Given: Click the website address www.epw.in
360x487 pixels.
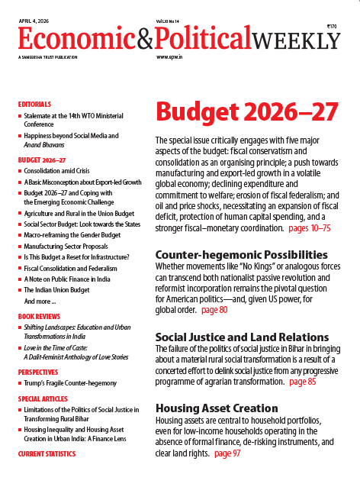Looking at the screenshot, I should (x=173, y=57).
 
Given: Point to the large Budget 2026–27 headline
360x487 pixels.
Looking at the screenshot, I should (x=246, y=111).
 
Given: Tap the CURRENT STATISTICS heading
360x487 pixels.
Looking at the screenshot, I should (x=47, y=454).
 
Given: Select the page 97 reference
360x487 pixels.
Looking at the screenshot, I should (x=229, y=453).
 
